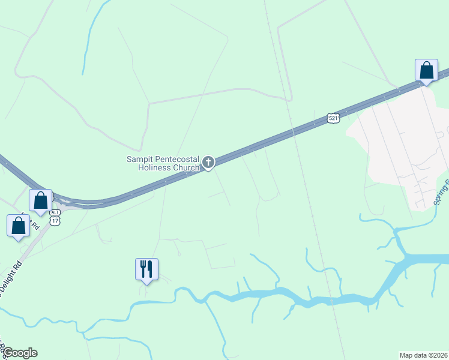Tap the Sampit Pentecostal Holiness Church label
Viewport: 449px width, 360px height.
pos(163,163)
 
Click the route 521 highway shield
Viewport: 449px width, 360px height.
pos(334,118)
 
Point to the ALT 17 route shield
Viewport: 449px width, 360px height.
pos(55,218)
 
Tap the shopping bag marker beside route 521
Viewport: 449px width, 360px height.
pos(426,70)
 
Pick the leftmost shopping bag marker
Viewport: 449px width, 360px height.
pos(19,226)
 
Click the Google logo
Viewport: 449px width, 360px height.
pos(19,353)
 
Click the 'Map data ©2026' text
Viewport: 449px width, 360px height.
pos(424,355)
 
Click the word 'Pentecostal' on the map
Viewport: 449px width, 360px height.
pos(178,159)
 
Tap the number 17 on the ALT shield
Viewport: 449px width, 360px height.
pos(55,221)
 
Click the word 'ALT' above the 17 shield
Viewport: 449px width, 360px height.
pos(55,213)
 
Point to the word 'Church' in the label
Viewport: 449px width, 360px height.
pos(187,167)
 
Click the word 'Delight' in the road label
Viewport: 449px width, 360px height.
pos(13,279)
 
